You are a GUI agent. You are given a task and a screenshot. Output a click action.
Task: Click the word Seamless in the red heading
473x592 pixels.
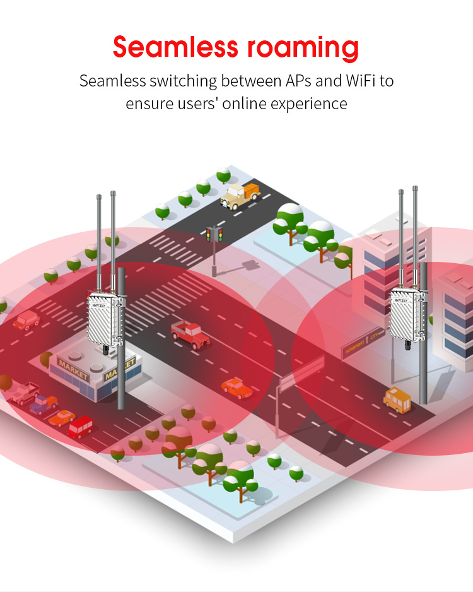click(175, 47)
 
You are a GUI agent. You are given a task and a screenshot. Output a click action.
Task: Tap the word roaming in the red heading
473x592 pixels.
click(303, 49)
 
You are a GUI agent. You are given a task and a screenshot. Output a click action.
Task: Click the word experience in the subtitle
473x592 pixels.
click(308, 103)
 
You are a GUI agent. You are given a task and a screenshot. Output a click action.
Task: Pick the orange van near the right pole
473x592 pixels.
click(397, 400)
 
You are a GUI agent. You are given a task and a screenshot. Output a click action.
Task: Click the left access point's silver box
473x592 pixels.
click(103, 319)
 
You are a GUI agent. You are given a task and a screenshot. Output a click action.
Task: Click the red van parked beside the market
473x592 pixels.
click(81, 428)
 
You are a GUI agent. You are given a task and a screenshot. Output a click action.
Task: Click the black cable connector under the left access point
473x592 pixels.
click(102, 349)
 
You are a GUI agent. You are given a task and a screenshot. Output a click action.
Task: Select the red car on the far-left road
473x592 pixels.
click(26, 321)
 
